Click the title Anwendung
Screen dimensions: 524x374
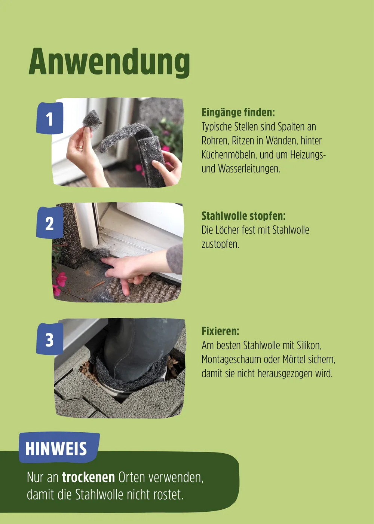109,62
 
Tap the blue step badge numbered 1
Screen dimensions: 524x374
49,119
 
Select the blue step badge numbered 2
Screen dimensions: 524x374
49,223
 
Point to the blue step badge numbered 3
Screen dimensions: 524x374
49,339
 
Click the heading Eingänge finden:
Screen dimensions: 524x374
238,112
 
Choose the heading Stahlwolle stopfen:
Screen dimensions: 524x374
243,216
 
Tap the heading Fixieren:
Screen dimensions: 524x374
220,331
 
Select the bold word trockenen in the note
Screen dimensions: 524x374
88,477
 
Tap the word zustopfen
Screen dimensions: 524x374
220,244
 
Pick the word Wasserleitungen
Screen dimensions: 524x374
249,169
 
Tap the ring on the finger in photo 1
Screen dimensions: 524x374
80,148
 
